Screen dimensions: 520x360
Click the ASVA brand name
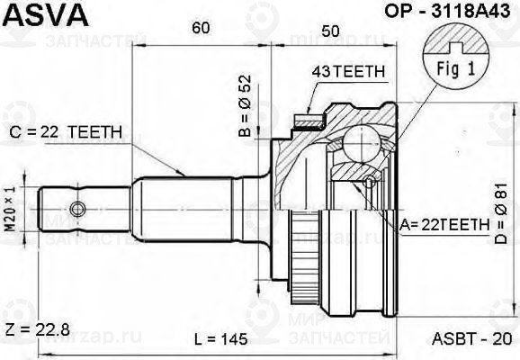(x=47, y=15)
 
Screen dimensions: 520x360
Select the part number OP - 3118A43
(x=447, y=12)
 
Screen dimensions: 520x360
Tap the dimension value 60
(x=201, y=28)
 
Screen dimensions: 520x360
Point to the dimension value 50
(x=330, y=31)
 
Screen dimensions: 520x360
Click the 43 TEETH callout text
(x=348, y=71)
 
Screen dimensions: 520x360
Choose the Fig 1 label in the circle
(x=456, y=69)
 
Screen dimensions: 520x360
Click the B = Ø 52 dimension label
(x=245, y=106)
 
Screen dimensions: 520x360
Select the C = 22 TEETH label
(x=66, y=132)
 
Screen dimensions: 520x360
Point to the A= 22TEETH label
(x=444, y=225)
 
